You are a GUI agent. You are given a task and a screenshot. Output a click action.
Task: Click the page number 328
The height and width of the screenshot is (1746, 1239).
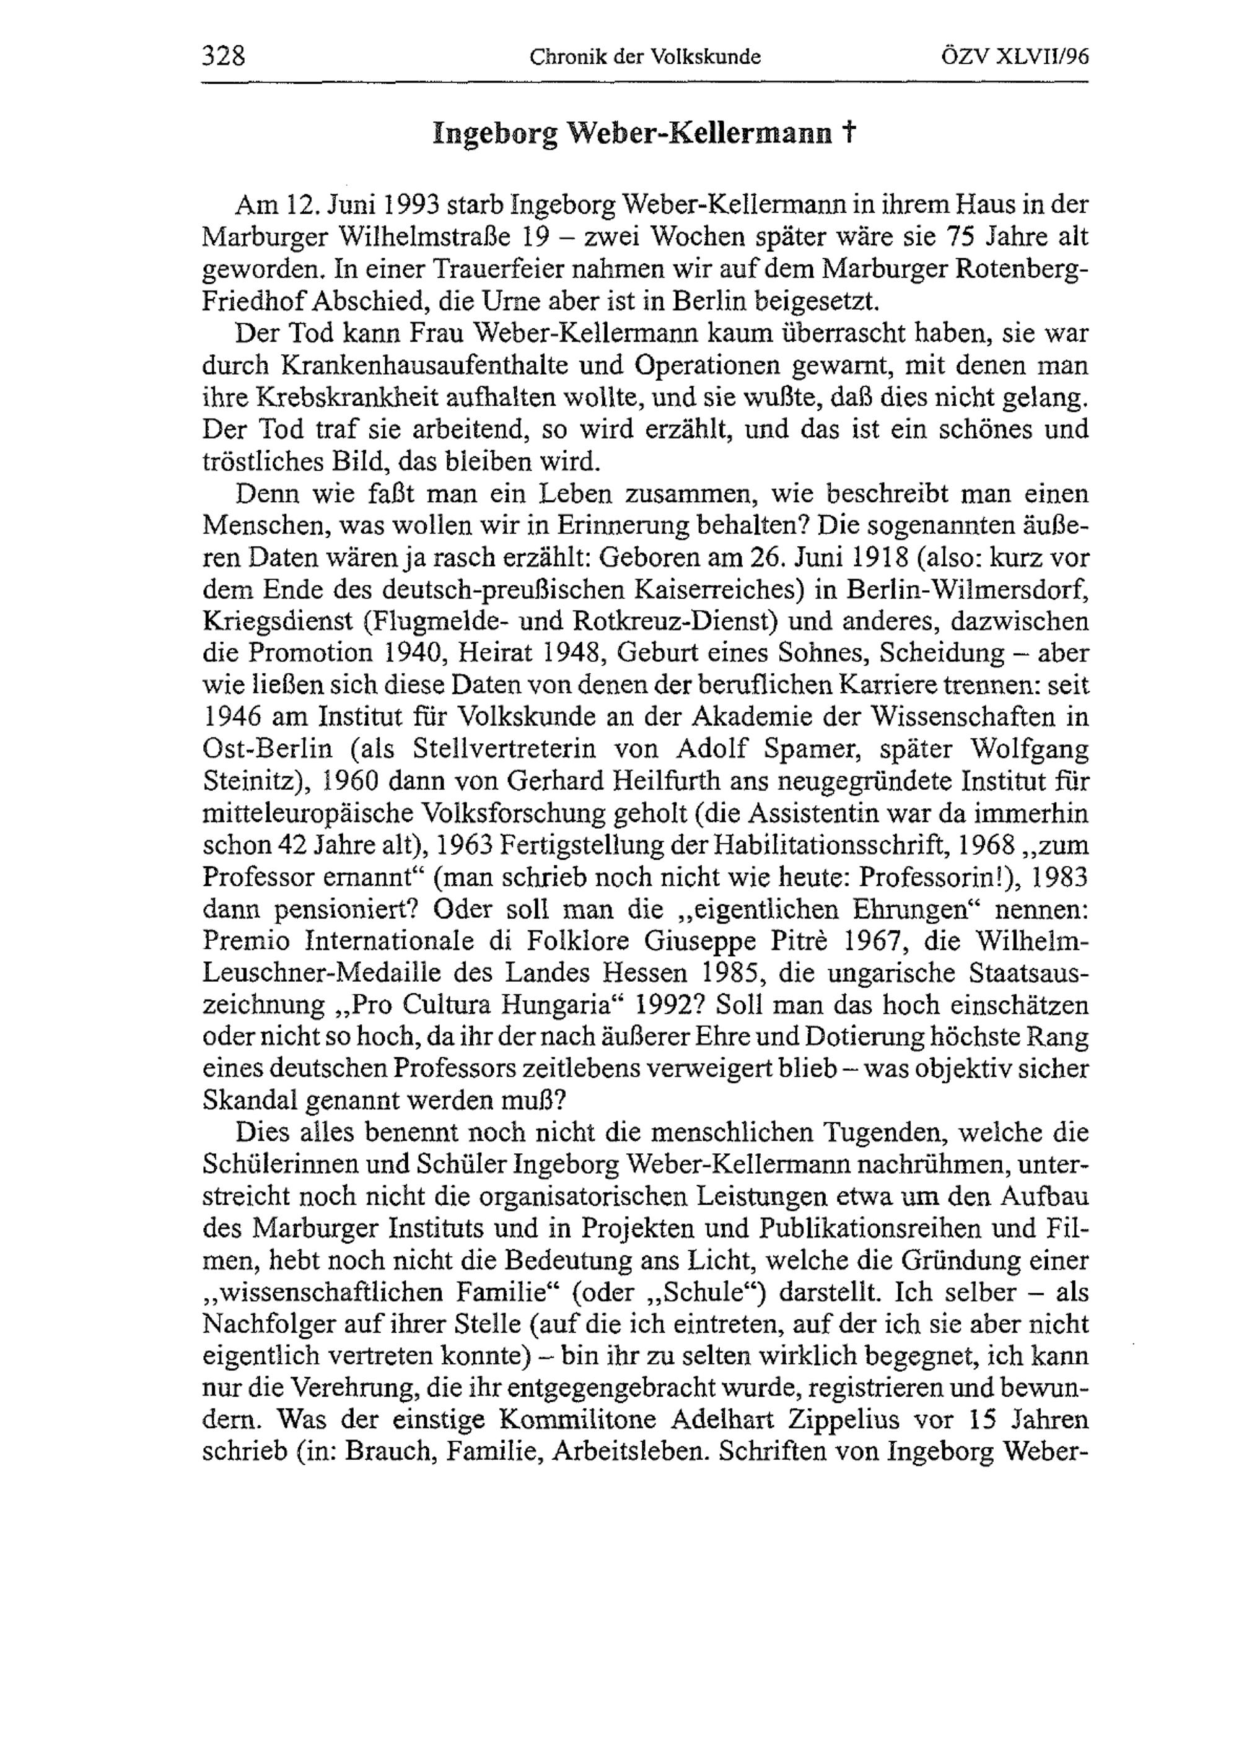click(x=224, y=56)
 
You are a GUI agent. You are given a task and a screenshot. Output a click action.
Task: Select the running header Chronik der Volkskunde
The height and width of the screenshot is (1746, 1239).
click(x=645, y=57)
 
